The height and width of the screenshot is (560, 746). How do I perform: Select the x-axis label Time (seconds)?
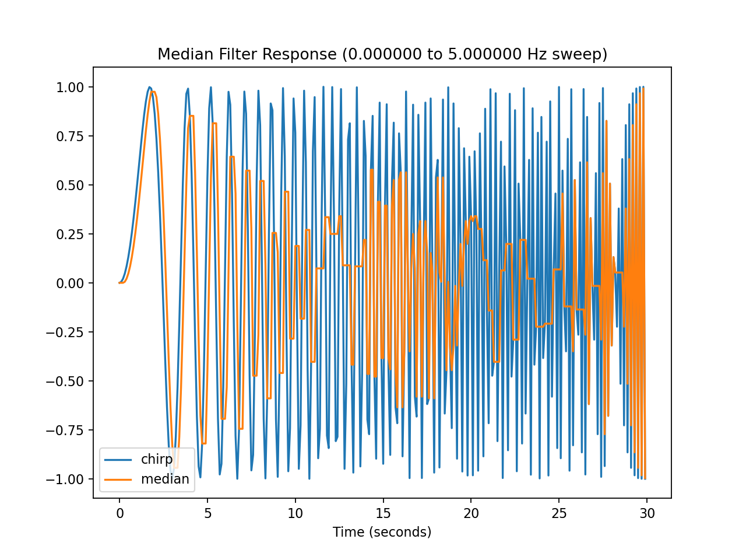tap(382, 532)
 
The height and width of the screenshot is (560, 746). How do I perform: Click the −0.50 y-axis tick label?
tap(67, 381)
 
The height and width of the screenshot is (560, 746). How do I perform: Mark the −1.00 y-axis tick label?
tap(67, 479)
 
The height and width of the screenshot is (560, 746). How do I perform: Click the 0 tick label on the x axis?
tap(119, 513)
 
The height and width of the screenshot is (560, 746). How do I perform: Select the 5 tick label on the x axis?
tap(207, 513)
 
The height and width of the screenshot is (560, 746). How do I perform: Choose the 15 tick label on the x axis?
tap(383, 513)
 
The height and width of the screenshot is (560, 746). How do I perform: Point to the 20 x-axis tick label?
tap(471, 513)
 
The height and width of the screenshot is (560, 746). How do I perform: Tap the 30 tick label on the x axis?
tap(647, 513)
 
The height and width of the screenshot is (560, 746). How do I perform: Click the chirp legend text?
tap(157, 459)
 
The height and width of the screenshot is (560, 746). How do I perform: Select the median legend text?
tap(165, 479)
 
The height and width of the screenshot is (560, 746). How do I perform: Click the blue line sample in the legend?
tap(117, 460)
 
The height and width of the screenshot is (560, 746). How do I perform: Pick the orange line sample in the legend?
tap(117, 480)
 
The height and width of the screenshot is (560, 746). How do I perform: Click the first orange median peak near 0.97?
tap(153, 92)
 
